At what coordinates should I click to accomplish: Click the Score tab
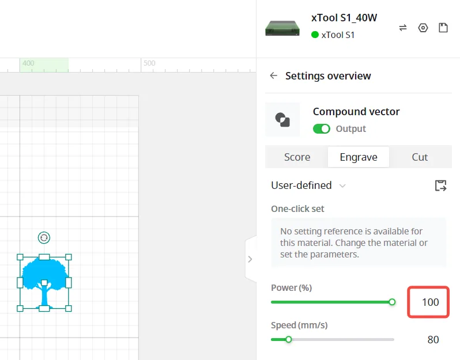pos(297,157)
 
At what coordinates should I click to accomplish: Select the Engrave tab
pos(359,157)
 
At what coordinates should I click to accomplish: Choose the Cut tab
pos(420,157)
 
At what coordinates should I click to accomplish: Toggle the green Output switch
pos(321,128)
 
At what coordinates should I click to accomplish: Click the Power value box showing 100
pos(428,302)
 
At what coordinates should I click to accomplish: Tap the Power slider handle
pos(392,302)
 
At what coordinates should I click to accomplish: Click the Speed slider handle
pos(289,339)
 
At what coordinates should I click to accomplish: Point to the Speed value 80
pos(433,339)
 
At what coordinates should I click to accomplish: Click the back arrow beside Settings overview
pos(273,75)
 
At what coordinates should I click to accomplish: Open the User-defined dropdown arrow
pos(342,185)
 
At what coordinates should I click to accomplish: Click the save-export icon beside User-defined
pos(440,185)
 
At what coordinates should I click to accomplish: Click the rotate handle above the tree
pos(44,237)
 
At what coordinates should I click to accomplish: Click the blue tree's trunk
pos(44,295)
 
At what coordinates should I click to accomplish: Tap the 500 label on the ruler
pos(149,63)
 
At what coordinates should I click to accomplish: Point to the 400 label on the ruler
pos(28,63)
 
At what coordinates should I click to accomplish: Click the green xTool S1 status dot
pos(315,35)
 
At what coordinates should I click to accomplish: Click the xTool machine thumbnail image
pos(282,28)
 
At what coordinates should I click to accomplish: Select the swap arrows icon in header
pos(403,28)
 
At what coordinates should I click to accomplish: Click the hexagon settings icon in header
pos(423,28)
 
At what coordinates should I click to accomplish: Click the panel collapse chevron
pos(250,259)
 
